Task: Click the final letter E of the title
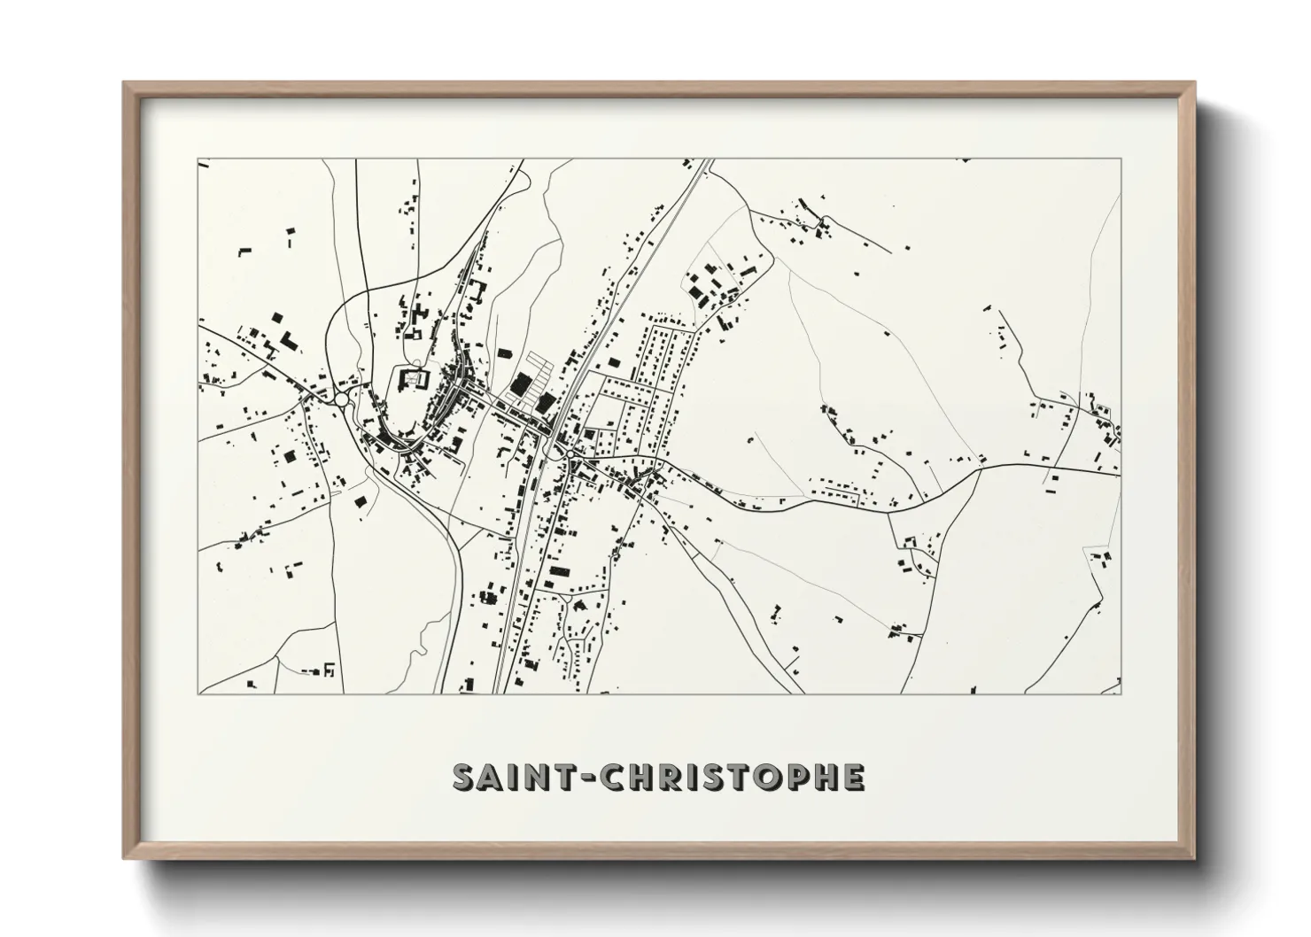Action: (852, 777)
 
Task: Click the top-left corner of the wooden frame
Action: (124, 83)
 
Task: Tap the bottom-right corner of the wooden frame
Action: (1194, 858)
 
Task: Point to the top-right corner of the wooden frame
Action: (1194, 83)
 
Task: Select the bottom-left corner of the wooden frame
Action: (124, 858)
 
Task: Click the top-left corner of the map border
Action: (198, 160)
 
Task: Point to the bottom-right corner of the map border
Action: (1121, 693)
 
